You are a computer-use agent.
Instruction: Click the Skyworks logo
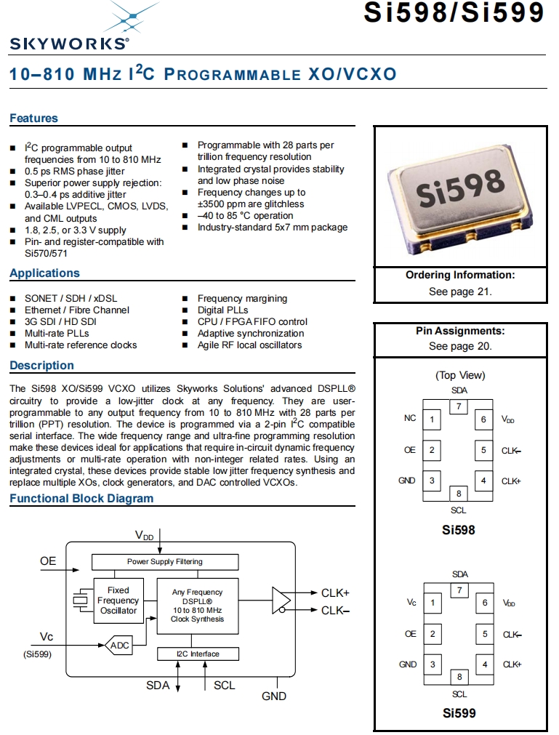[69, 29]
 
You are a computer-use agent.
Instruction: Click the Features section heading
[33, 119]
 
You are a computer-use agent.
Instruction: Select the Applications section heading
[44, 273]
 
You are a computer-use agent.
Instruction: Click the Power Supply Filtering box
[165, 562]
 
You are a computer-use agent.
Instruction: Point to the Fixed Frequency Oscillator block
[118, 601]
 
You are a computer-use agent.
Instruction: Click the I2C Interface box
[198, 654]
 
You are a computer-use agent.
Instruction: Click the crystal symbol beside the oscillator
[79, 601]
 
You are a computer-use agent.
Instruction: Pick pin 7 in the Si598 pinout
[459, 406]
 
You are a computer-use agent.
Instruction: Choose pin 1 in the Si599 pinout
[433, 603]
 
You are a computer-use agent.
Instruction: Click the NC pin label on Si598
[410, 419]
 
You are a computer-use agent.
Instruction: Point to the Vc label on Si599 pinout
[411, 603]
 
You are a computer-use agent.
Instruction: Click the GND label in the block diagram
[274, 696]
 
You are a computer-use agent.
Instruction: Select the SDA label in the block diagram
[158, 686]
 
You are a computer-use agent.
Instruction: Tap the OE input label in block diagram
[48, 561]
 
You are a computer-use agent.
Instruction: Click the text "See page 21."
[460, 291]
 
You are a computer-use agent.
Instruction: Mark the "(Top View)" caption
[460, 375]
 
